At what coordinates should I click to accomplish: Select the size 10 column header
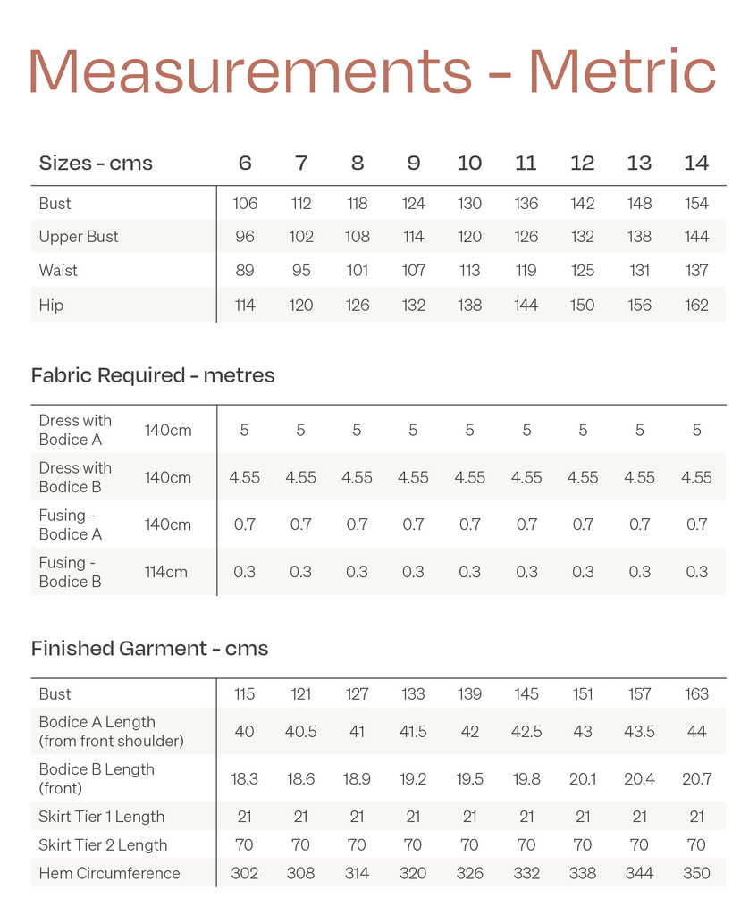tap(469, 164)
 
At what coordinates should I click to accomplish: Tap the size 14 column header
tap(696, 164)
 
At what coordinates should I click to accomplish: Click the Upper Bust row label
tap(79, 237)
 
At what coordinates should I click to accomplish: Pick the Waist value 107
tap(413, 271)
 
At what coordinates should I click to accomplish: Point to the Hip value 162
tap(696, 306)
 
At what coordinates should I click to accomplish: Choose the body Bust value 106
tap(245, 204)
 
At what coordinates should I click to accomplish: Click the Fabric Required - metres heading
tap(153, 375)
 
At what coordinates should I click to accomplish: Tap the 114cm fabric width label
tap(166, 572)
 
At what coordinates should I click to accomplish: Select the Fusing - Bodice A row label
tap(71, 525)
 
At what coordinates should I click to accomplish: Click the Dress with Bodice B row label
tap(75, 477)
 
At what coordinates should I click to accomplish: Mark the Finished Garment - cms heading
tap(149, 649)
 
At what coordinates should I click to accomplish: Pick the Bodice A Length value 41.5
tap(413, 732)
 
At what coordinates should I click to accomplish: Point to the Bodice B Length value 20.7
tap(696, 779)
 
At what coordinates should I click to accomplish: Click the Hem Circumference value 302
tap(245, 874)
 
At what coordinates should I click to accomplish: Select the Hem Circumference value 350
tap(696, 874)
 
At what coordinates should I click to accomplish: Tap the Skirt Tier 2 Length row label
tap(102, 845)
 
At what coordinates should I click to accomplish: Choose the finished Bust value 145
tap(526, 694)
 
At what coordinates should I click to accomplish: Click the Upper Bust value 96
tap(245, 237)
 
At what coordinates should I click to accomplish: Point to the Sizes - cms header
tap(96, 164)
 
